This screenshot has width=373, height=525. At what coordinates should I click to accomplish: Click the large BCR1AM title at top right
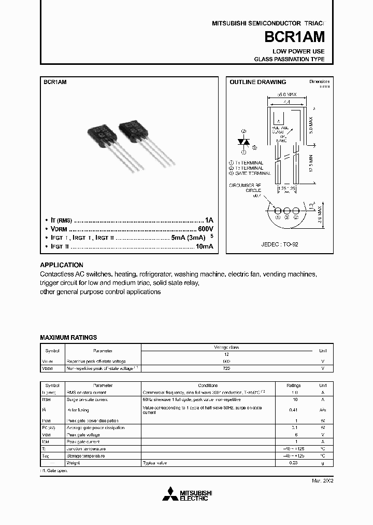[295, 37]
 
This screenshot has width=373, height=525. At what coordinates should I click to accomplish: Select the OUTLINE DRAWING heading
[258, 82]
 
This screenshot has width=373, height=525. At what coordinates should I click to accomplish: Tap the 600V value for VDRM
[205, 229]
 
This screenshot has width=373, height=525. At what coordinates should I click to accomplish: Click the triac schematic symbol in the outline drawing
[243, 142]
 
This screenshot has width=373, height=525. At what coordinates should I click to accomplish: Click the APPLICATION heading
[62, 265]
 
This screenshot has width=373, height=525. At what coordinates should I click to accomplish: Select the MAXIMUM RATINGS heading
[68, 337]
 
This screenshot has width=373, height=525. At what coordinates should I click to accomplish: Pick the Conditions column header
[208, 385]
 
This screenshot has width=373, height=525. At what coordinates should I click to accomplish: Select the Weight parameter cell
[73, 462]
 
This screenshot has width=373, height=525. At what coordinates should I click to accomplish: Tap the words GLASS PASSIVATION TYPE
[289, 59]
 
